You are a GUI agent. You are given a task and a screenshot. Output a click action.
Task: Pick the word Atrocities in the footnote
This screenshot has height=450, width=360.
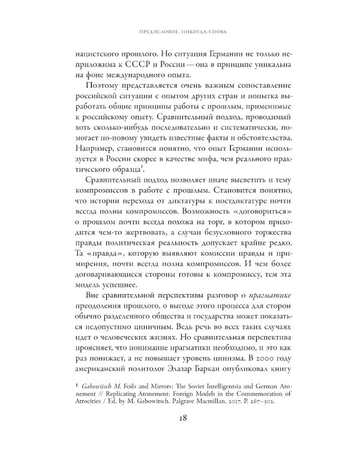(x=95, y=398)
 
